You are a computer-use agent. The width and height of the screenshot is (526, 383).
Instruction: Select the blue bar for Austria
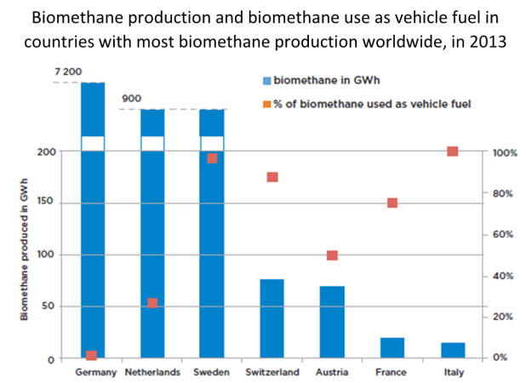[332, 322]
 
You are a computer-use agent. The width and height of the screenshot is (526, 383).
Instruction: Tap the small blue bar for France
[392, 347]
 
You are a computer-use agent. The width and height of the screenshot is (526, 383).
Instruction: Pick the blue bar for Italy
[453, 350]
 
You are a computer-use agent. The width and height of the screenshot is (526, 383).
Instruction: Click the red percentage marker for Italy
[453, 151]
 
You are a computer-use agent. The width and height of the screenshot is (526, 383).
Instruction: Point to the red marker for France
[392, 203]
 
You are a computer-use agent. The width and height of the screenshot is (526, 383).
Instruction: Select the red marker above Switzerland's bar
[272, 177]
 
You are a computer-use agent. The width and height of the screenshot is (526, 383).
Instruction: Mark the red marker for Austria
[332, 255]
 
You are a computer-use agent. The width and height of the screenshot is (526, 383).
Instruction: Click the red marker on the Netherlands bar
[152, 303]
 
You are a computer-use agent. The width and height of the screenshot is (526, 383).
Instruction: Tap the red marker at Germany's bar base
[92, 355]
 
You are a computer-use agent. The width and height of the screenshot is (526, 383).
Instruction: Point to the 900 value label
[131, 99]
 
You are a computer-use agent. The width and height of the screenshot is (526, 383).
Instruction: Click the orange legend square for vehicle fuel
[266, 104]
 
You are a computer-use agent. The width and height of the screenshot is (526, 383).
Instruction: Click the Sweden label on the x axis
[212, 373]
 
